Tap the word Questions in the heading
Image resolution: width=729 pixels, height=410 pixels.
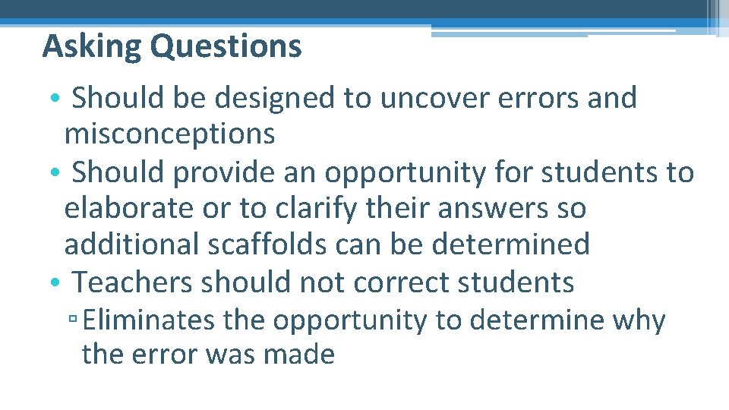point(226,47)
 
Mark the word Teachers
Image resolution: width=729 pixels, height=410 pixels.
point(133,282)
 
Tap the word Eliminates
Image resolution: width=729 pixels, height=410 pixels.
point(149,321)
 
